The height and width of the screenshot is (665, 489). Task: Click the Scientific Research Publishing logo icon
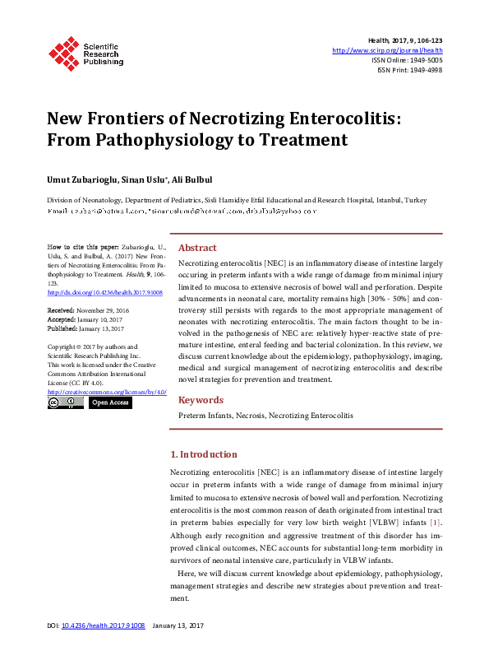point(62,52)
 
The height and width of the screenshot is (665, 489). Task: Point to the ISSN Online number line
point(407,60)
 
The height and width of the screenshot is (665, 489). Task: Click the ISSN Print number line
point(409,70)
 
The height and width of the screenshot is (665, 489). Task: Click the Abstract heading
point(197,248)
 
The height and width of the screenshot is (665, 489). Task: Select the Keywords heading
point(201,400)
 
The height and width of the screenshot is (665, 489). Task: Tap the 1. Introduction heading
point(203,454)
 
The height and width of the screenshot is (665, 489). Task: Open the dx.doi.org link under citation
point(105,292)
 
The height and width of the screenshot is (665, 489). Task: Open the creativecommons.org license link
point(107,393)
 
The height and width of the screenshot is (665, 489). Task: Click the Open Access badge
point(109,403)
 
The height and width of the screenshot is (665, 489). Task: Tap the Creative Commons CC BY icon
point(65,403)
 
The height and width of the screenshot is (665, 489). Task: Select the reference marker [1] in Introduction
point(436,522)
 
